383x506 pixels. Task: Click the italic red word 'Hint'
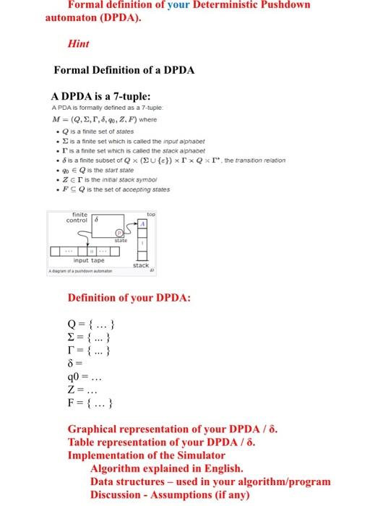(77, 43)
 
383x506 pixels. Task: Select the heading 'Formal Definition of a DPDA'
(124, 70)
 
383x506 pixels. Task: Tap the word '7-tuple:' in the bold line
(128, 95)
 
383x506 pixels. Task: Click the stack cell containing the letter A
(143, 223)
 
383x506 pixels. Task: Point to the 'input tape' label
(90, 261)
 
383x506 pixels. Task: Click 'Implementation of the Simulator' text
(146, 455)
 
